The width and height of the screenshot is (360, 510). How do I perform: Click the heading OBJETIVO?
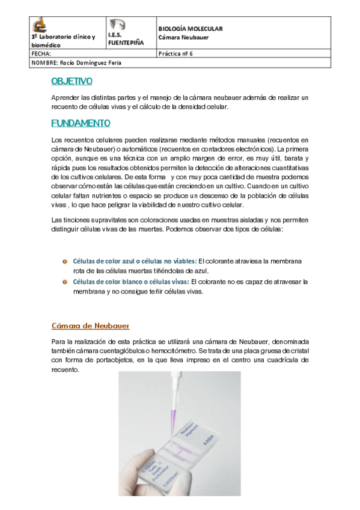click(72, 81)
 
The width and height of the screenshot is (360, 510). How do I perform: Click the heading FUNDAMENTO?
click(81, 123)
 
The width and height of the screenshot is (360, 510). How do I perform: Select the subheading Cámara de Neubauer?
click(90, 326)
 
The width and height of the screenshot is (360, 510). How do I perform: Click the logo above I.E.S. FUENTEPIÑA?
click(118, 25)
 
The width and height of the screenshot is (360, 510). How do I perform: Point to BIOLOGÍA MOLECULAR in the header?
click(190, 28)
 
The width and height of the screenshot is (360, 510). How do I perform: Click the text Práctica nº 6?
click(175, 53)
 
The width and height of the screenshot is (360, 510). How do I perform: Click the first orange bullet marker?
click(64, 261)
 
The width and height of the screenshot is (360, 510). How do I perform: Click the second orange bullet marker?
click(64, 281)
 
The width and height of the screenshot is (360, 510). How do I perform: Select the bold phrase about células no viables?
click(135, 261)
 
